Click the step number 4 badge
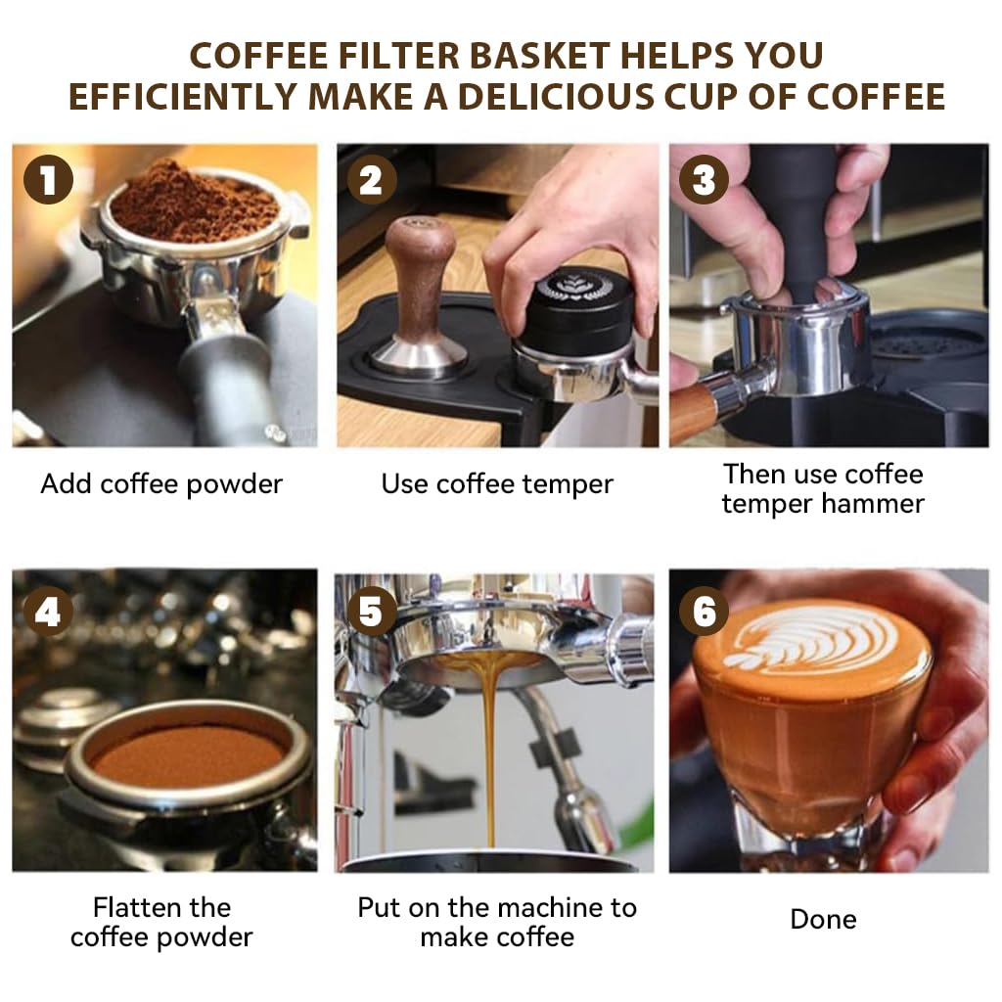click(48, 613)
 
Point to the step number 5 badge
click(371, 613)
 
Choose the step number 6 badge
click(705, 613)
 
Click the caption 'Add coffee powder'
click(161, 483)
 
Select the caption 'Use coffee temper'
click(497, 483)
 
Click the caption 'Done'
click(823, 919)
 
